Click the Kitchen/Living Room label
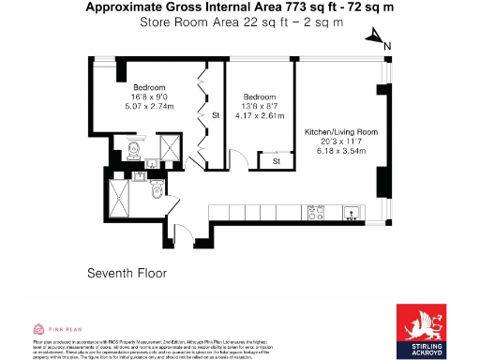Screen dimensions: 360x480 tap(341, 133)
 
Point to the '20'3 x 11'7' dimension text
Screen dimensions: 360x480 tap(341, 142)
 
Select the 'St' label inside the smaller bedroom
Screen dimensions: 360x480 tap(277, 162)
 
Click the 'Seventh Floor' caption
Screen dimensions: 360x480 tap(126, 274)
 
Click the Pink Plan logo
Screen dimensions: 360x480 tap(52, 329)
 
